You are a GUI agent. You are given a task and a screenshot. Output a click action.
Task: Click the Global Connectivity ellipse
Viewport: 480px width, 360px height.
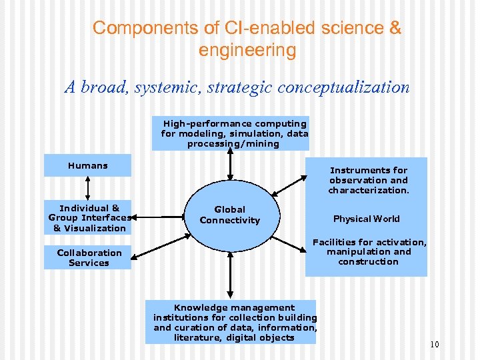point(230,214)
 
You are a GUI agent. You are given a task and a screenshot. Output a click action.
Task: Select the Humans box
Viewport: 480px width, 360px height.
point(87,165)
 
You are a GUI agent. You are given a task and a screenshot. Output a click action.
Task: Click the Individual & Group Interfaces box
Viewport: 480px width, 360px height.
point(87,218)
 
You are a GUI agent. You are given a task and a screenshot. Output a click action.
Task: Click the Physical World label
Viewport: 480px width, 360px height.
point(367,219)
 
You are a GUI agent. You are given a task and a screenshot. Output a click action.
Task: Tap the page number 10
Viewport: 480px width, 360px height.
point(435,345)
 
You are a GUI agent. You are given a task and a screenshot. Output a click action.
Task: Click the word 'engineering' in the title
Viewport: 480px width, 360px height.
point(247,50)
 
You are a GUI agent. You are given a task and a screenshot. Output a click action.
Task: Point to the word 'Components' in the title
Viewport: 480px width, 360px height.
point(134,28)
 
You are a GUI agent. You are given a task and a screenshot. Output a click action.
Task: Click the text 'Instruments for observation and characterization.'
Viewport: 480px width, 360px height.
point(368,180)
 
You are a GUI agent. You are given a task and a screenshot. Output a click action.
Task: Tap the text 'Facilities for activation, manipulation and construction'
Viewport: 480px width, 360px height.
point(369,252)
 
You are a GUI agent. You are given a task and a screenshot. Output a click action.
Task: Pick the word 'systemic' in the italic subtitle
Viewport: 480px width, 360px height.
point(165,87)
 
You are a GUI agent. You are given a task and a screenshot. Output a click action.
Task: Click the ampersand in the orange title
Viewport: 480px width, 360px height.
point(395,28)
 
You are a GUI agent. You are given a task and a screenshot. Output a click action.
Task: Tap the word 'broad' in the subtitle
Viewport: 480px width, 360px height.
point(101,87)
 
